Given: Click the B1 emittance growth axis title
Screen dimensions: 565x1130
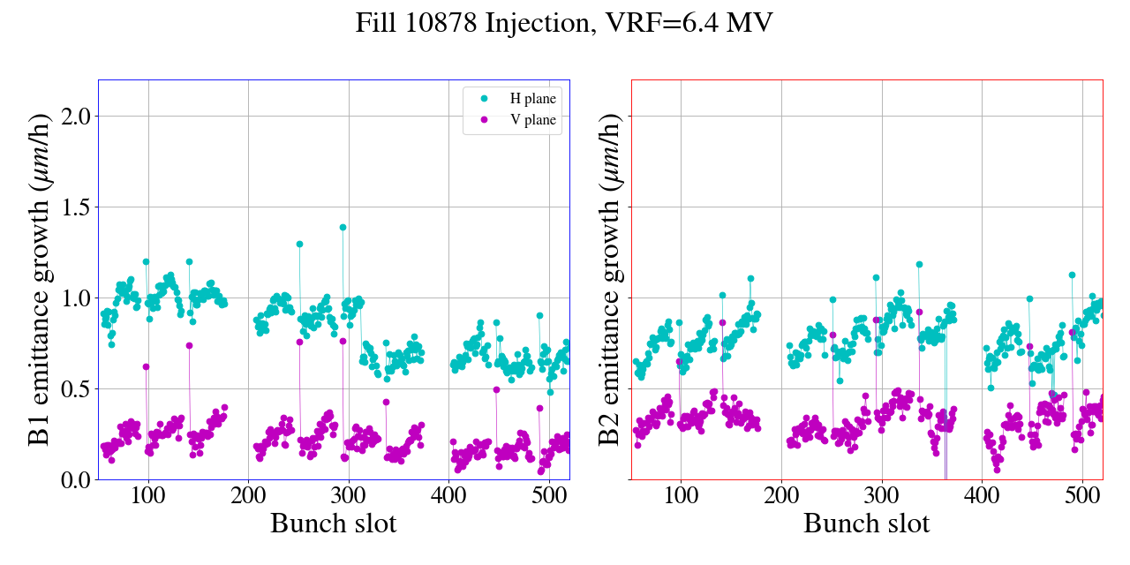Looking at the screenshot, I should click(x=38, y=280).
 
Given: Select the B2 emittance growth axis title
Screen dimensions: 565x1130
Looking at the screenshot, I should click(x=608, y=280).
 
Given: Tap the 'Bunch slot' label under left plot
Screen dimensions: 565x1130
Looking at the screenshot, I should click(x=333, y=523).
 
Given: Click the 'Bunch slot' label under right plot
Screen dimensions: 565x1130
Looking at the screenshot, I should click(x=866, y=523).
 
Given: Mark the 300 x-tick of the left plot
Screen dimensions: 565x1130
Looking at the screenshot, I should click(x=349, y=494).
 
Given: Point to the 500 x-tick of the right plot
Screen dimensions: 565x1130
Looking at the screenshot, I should click(x=1082, y=494).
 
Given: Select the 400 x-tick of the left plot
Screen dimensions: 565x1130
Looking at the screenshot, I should click(x=449, y=494).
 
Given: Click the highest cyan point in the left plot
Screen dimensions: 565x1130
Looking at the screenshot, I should click(x=343, y=227).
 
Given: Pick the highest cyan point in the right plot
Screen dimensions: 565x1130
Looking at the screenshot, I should click(x=919, y=264).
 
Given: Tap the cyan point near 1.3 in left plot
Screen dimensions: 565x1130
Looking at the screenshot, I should click(x=299, y=244).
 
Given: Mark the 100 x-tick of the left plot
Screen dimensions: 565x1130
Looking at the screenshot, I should click(x=147, y=494).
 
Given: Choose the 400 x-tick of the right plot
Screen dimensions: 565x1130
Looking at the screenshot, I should click(x=983, y=494).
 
